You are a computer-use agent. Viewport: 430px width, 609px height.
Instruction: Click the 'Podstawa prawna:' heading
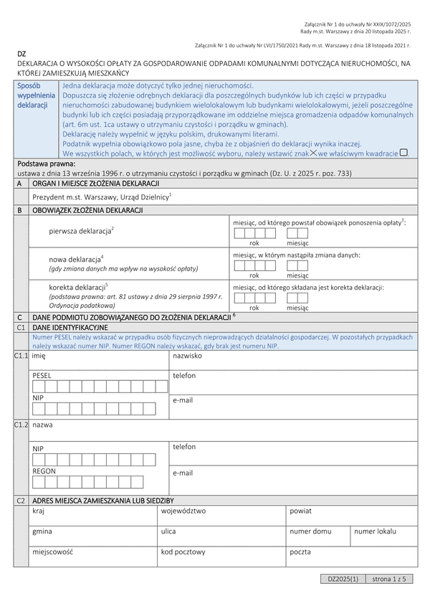click(x=46, y=164)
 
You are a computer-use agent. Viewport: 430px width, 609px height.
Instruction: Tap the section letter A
click(x=19, y=184)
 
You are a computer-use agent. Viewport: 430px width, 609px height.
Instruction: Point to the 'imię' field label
click(x=39, y=356)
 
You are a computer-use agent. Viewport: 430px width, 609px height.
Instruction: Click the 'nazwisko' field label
click(x=187, y=356)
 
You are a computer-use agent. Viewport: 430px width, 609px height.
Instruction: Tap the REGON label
click(x=44, y=471)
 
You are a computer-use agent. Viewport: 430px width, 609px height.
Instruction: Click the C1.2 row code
click(x=21, y=425)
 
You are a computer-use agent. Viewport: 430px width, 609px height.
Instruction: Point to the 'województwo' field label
click(x=183, y=511)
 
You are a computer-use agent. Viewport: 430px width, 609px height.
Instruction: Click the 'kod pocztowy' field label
click(x=183, y=552)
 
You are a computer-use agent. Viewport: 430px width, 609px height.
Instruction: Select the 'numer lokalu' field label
click(x=375, y=532)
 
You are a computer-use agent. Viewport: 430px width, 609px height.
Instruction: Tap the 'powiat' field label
click(x=300, y=511)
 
